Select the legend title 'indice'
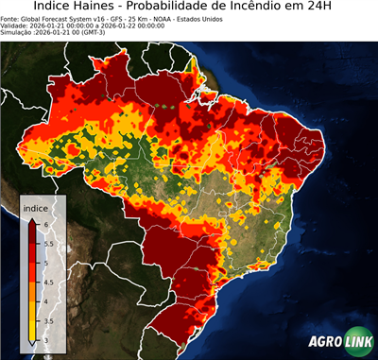(35, 208)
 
